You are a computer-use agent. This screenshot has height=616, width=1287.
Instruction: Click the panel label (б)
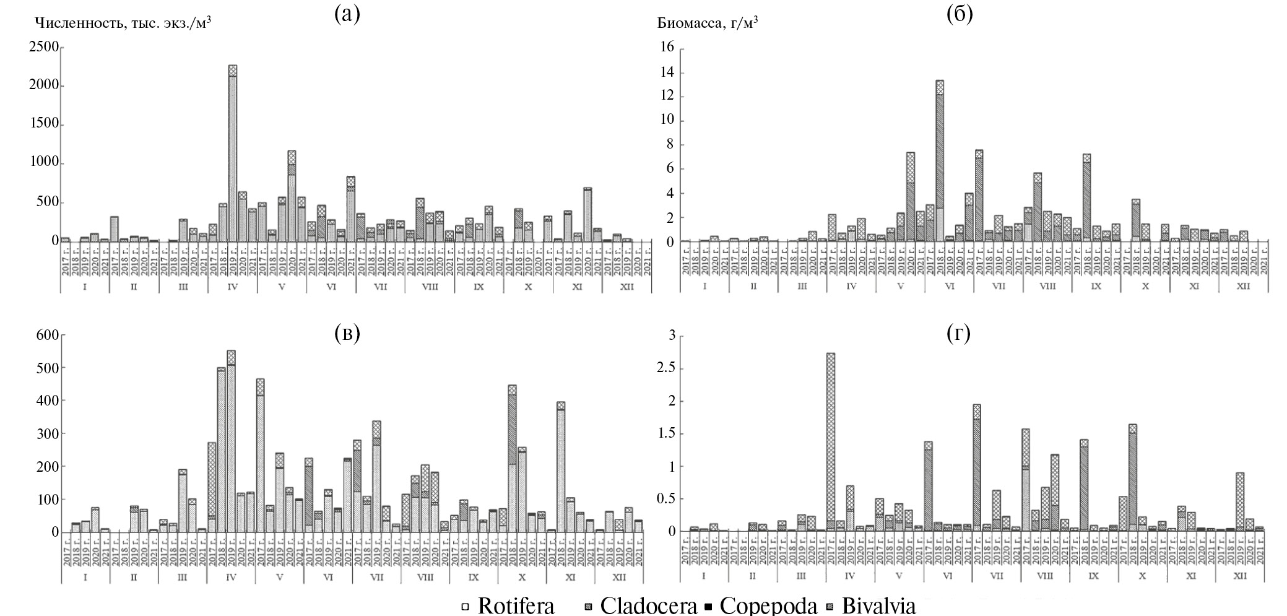(960, 14)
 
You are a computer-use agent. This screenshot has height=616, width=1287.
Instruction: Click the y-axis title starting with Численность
(123, 23)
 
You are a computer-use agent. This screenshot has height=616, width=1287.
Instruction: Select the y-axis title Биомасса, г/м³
(708, 23)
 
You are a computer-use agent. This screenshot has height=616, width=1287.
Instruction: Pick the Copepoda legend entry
(761, 605)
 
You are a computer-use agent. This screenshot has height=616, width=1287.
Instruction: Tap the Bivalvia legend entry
(872, 605)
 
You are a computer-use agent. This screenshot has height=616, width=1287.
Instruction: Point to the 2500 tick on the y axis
(43, 48)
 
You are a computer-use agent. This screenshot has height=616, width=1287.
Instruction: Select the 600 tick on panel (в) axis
(46, 335)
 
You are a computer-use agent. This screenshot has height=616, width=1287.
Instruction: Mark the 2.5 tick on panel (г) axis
(662, 369)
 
